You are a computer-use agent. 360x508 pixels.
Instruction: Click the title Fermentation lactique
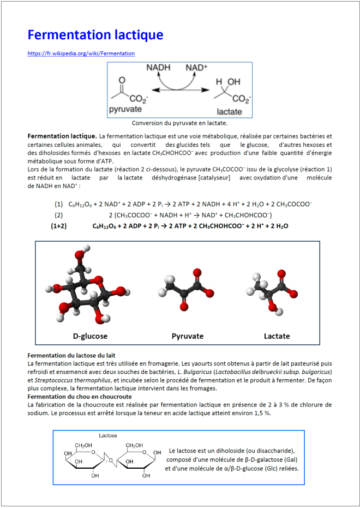95,35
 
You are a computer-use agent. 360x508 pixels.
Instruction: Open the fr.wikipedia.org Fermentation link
81,53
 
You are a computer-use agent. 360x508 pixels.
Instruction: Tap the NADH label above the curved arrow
158,68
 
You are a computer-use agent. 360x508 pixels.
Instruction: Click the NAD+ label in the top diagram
197,68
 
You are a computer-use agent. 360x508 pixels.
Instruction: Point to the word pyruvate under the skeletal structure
125,109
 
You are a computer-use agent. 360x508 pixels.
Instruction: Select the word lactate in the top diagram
229,111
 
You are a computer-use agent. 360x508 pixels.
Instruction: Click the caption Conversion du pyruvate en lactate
179,123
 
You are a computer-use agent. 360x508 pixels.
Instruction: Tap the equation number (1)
58,204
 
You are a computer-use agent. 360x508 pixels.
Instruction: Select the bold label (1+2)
59,225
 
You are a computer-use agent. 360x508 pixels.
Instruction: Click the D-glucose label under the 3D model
90,336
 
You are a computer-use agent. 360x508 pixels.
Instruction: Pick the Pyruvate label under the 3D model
187,336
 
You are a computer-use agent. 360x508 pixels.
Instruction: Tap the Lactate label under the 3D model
277,336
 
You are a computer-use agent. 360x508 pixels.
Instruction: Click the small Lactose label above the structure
108,435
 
